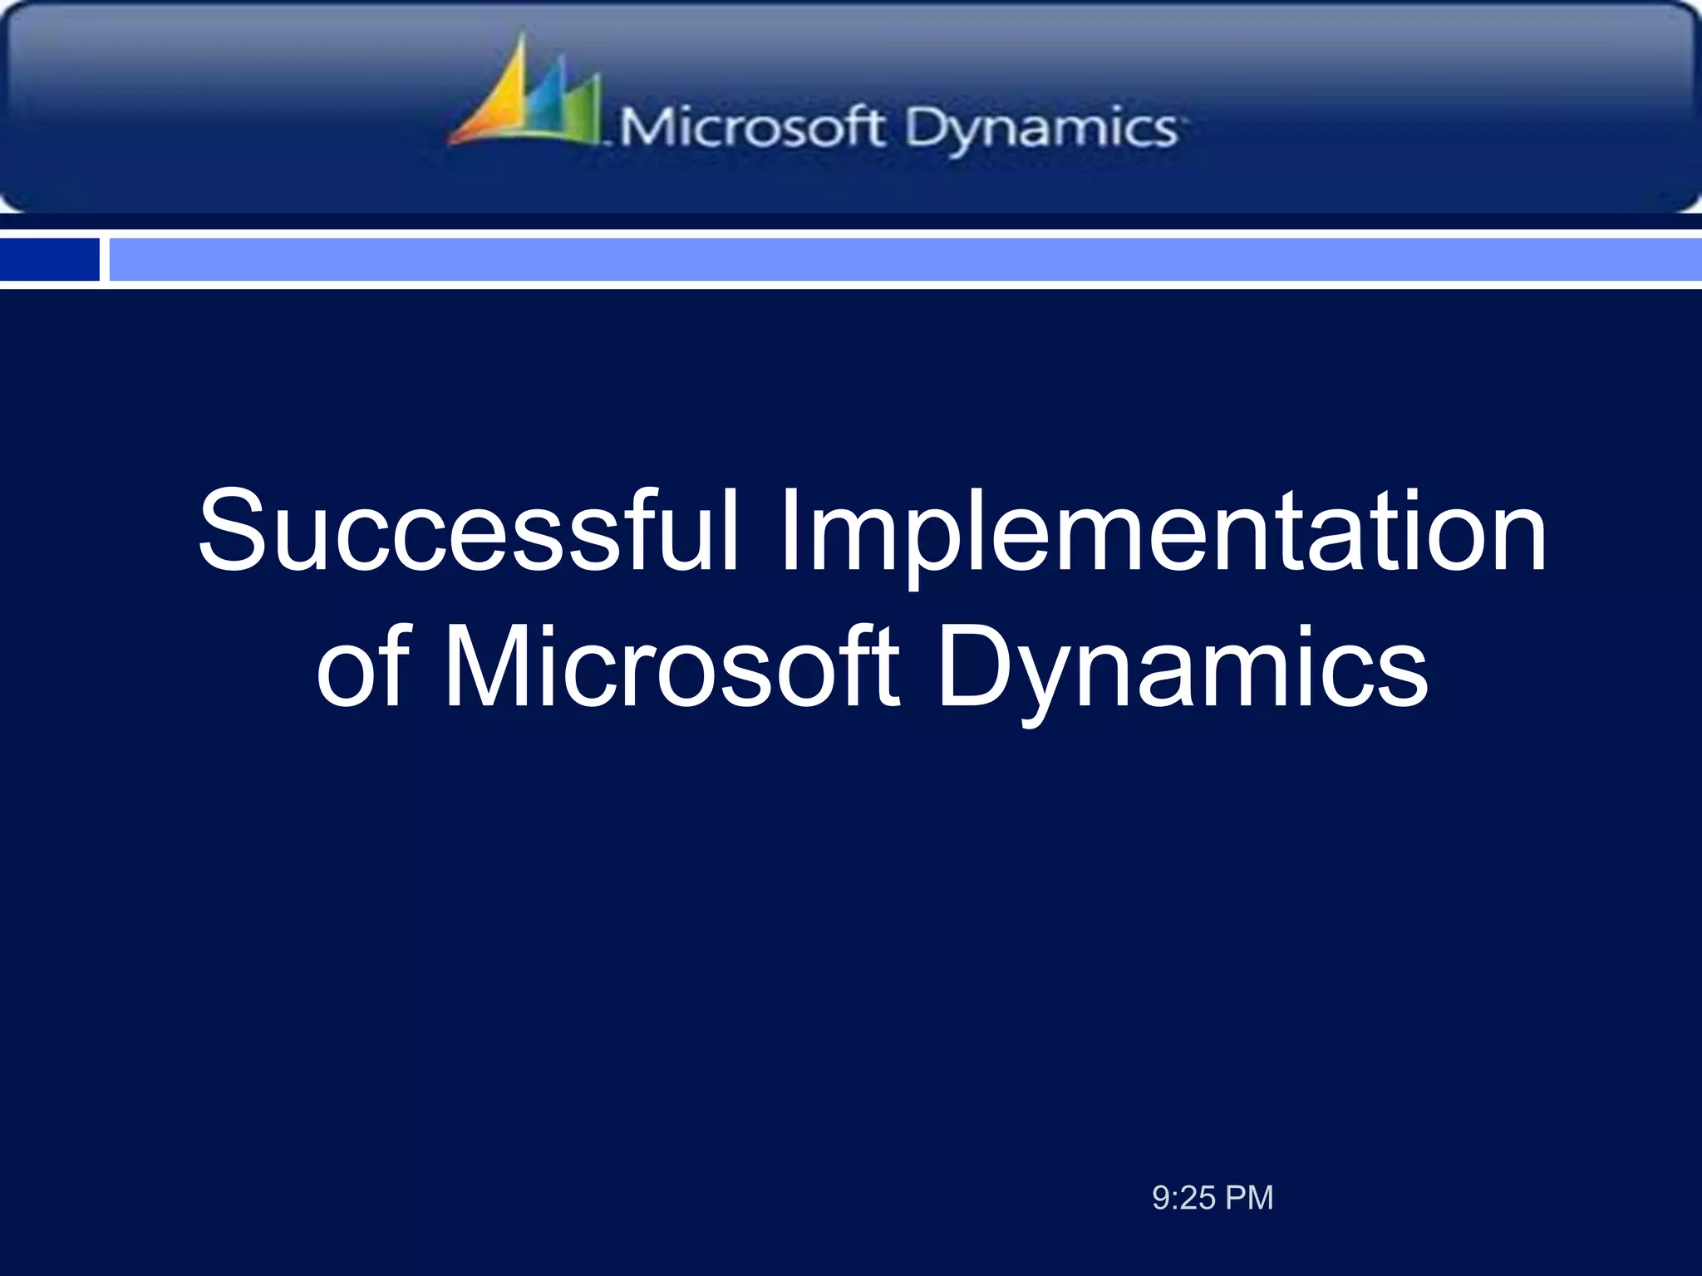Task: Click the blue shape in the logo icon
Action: (544, 104)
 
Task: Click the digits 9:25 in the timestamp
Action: (1183, 1198)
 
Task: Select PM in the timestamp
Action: (1249, 1198)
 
